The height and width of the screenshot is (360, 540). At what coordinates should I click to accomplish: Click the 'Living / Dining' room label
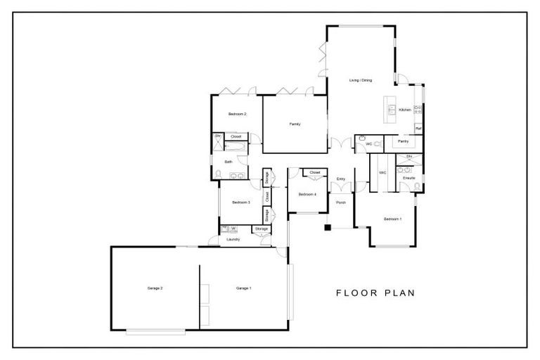coord(360,80)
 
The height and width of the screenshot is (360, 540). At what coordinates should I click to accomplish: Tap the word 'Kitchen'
coord(405,110)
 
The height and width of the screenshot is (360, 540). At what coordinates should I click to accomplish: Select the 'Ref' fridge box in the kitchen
coord(418,129)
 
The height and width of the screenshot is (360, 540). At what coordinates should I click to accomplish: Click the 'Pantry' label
coord(404,141)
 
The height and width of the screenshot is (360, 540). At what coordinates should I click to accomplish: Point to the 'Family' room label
coord(295,124)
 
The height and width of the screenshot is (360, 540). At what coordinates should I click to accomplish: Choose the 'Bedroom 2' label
coord(237,114)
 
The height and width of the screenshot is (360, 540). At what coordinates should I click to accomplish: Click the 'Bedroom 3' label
coord(241,202)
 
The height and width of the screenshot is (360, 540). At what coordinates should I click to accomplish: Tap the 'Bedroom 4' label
coord(307,194)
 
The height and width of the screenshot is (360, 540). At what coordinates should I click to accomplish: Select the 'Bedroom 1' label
coord(392,219)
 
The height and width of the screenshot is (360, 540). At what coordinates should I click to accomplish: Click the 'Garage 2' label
coord(155,288)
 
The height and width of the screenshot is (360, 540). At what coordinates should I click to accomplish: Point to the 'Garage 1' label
coord(243,288)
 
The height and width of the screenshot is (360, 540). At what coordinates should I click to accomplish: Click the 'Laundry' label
coord(233,239)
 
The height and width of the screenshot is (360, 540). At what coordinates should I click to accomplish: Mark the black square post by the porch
coord(328,227)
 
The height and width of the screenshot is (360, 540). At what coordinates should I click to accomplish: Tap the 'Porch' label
coord(341,202)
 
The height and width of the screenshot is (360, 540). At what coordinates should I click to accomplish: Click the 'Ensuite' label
coord(409,178)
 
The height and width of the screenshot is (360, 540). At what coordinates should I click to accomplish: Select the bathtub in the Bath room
coord(236,147)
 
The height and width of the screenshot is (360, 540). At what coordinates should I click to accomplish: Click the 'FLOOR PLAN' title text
coord(375,293)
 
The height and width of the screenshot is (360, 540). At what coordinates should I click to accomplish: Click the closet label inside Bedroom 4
coord(315,172)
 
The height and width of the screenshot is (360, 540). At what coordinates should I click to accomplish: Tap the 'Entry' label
coord(341,179)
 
